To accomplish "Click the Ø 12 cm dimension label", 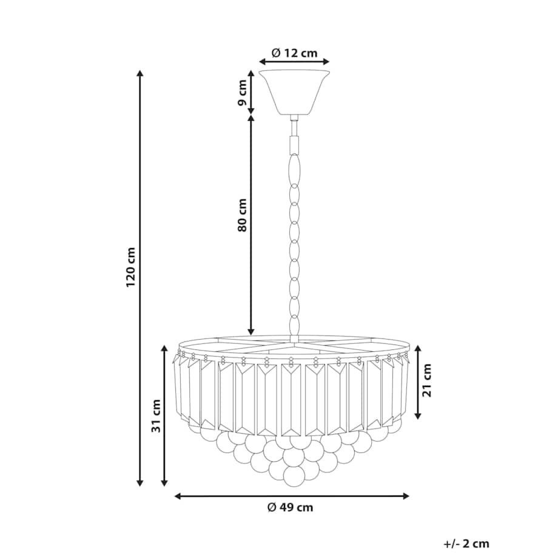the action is (x=294, y=53).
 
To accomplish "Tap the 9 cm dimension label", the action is (x=242, y=93).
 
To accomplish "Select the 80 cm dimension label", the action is (x=242, y=215).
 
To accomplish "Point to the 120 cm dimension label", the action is (x=130, y=267).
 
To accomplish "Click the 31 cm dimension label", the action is (x=156, y=416).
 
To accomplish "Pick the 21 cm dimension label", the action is (x=426, y=380).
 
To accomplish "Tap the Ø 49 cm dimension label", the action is (x=291, y=507).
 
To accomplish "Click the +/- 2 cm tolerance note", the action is (x=466, y=544).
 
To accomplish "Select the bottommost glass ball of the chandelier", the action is (x=294, y=477).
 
